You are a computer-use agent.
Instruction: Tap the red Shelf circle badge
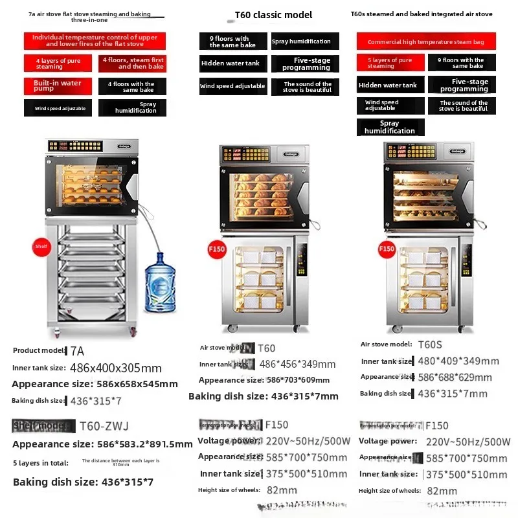[41, 246]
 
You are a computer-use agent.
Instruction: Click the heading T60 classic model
[273, 15]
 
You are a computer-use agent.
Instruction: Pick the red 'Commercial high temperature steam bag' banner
[425, 41]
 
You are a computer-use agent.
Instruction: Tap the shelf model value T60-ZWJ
[104, 426]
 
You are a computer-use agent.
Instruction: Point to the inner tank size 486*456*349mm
[297, 365]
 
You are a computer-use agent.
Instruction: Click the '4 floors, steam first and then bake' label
[132, 63]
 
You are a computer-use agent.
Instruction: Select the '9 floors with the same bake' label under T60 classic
[232, 42]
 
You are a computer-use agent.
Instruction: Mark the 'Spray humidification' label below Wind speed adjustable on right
[390, 127]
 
